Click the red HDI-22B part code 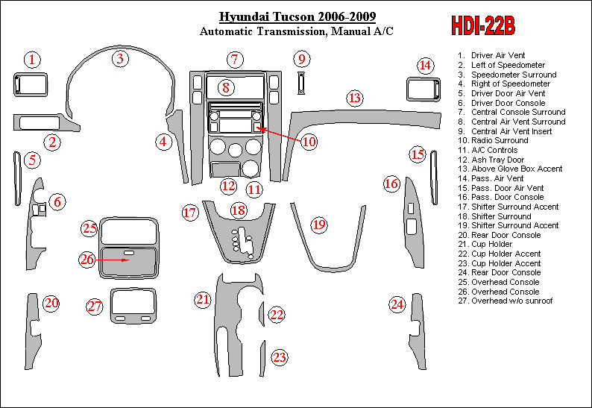click(482, 26)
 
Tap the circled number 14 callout click(425, 66)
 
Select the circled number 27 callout click(94, 307)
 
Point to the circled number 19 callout click(319, 225)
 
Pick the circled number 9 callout click(301, 59)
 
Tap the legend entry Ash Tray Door click(497, 160)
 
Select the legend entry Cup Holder click(491, 244)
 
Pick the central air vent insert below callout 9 click(301, 83)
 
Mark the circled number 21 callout click(203, 300)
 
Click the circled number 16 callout click(391, 183)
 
